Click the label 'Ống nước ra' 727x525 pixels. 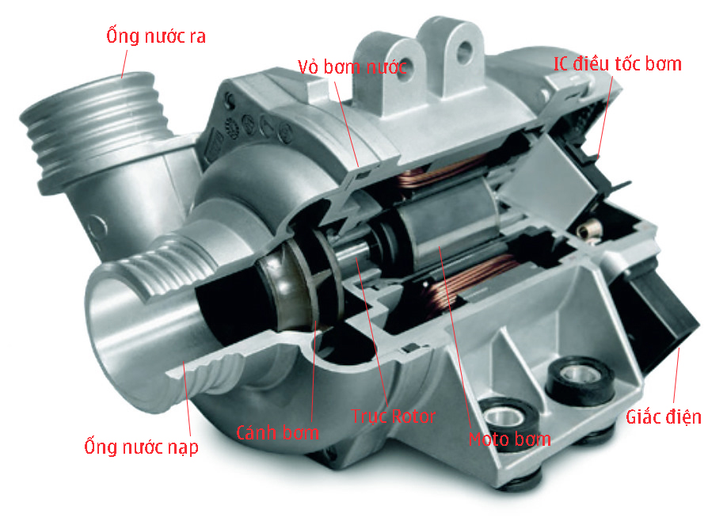pos(156,36)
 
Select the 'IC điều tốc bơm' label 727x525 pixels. pos(617,64)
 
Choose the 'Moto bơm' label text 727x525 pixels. pos(509,439)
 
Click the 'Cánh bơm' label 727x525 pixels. pos(278,432)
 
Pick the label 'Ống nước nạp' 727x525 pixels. pos(141,447)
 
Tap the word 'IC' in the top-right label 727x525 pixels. pos(561,64)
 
